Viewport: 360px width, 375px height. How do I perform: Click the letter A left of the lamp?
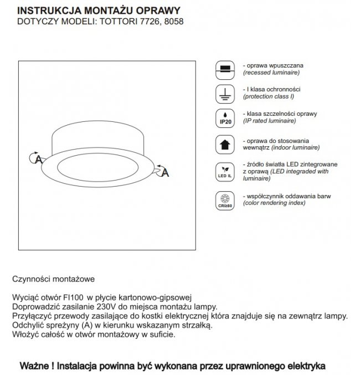39,159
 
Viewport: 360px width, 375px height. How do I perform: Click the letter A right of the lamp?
165,173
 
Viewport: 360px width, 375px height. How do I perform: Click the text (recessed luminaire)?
272,73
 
